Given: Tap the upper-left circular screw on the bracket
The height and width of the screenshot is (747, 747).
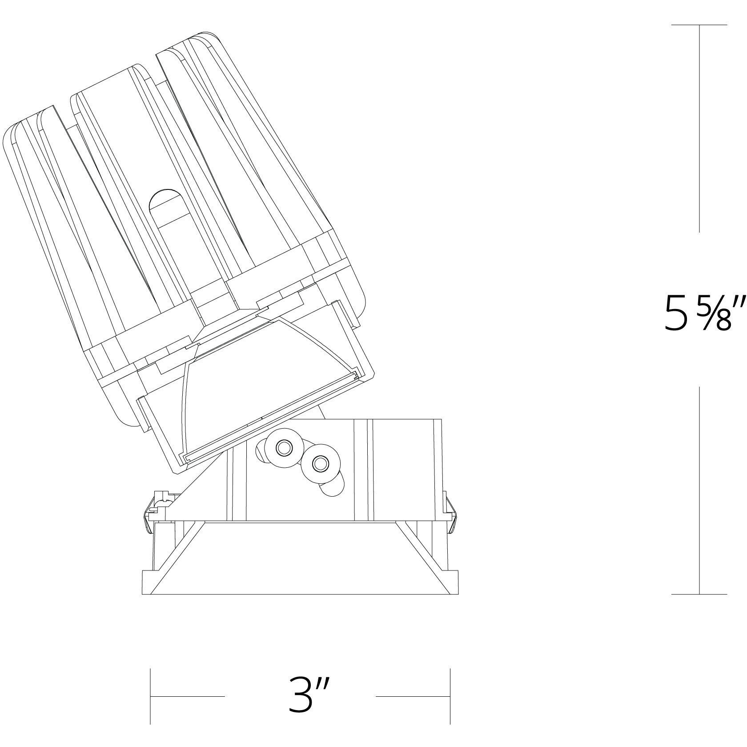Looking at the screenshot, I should coord(282,448).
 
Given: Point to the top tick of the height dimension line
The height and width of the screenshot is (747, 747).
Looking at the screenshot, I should coord(699,25).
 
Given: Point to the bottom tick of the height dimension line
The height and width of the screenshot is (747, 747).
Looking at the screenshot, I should coord(699,594).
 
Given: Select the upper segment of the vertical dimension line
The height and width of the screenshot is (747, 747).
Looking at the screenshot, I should coord(699,129).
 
